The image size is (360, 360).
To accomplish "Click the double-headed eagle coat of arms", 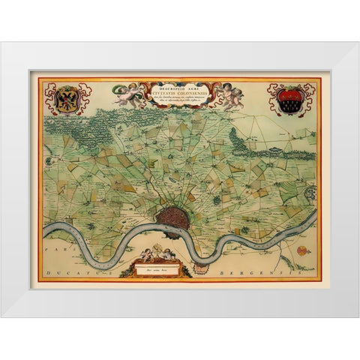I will [x=68, y=98].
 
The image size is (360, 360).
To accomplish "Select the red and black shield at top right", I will [x=289, y=99].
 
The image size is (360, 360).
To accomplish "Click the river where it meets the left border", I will [x=43, y=229].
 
